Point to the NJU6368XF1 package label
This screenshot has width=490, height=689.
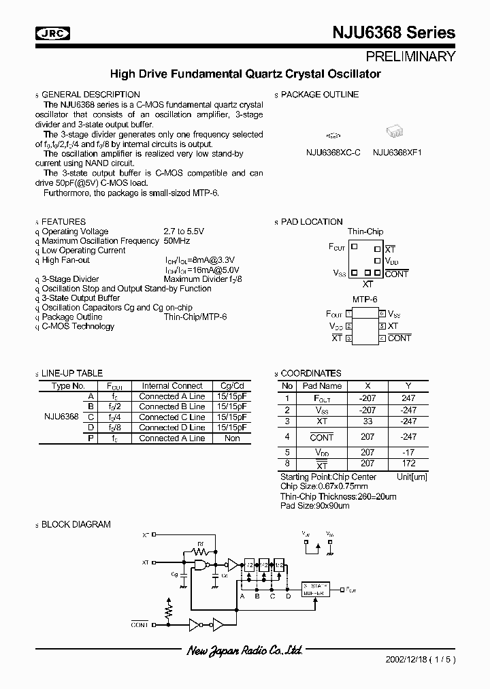pos(397,153)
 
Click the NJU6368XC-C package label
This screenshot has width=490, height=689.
pos(333,153)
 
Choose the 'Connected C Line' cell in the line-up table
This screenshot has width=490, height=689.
pos(171,417)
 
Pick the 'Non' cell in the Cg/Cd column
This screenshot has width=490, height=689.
pos(232,438)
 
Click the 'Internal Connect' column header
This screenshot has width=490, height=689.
pos(171,386)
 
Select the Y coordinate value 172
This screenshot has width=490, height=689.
pos(408,464)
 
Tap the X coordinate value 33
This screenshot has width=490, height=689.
pos(367,421)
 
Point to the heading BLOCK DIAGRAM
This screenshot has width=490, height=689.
pos(76,525)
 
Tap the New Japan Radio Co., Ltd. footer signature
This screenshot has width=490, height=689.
pos(244,651)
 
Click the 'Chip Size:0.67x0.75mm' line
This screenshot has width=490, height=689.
pos(324,486)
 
